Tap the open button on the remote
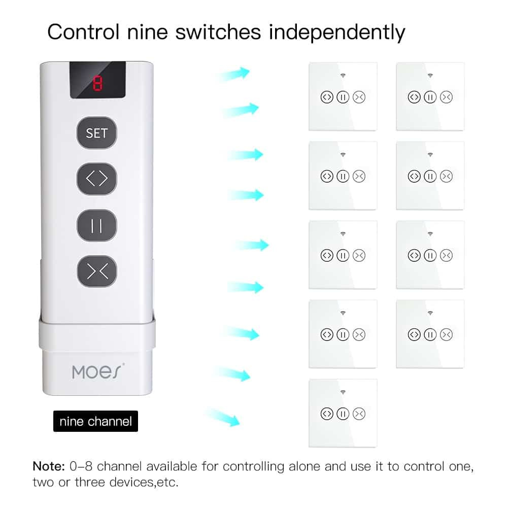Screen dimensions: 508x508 pyautogui.click(x=96, y=179)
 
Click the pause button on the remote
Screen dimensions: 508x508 pyautogui.click(x=96, y=225)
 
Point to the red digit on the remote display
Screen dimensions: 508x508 pyautogui.click(x=97, y=83)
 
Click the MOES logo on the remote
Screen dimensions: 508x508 pyautogui.click(x=98, y=371)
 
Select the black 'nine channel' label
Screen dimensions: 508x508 pyautogui.click(x=95, y=421)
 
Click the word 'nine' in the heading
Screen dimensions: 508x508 pyautogui.click(x=147, y=32)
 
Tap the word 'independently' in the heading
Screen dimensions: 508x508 pyautogui.click(x=337, y=32)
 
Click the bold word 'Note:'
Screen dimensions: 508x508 pyautogui.click(x=49, y=466)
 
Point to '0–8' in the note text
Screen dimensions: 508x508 pyautogui.click(x=81, y=466)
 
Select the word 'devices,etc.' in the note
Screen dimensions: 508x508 pyautogui.click(x=144, y=483)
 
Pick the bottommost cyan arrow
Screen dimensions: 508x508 pyautogui.click(x=223, y=417)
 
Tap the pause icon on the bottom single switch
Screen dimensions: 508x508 pyautogui.click(x=343, y=414)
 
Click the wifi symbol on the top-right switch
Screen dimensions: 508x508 pyautogui.click(x=430, y=76)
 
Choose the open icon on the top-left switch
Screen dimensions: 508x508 pyautogui.click(x=327, y=97)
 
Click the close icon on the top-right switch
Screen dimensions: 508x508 pyautogui.click(x=446, y=97)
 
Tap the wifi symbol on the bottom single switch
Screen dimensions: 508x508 pyautogui.click(x=343, y=392)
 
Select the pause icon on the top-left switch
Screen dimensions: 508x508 pyautogui.click(x=343, y=97)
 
